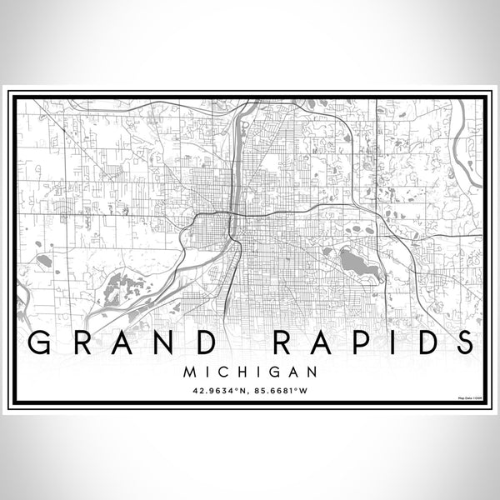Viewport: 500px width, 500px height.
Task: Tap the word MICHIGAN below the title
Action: point(250,367)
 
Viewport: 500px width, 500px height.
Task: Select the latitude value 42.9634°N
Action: point(220,388)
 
